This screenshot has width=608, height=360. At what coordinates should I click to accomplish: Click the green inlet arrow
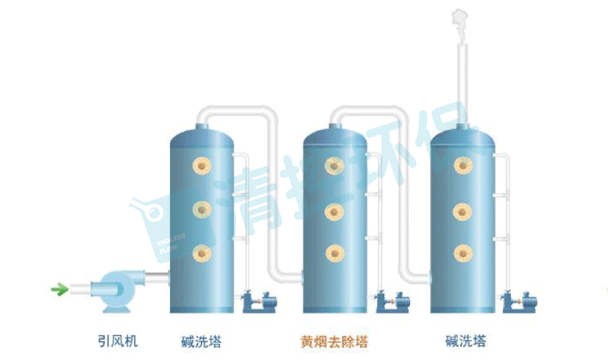(58, 290)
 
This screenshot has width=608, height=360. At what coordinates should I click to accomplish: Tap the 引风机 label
(118, 341)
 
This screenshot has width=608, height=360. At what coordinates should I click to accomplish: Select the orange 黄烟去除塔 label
(335, 341)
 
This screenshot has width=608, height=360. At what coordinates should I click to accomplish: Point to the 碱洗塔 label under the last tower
(466, 341)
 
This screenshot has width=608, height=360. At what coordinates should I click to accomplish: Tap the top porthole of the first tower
(203, 165)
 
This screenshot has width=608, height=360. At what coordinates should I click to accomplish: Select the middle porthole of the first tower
(203, 208)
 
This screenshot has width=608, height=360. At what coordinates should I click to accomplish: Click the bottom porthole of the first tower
(203, 251)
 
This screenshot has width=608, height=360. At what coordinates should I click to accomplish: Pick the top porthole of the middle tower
(335, 165)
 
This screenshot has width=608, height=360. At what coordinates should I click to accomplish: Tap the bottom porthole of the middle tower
(335, 252)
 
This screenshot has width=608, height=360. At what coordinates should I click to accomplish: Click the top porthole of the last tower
(463, 165)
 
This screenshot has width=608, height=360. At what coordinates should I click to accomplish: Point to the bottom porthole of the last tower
(463, 252)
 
